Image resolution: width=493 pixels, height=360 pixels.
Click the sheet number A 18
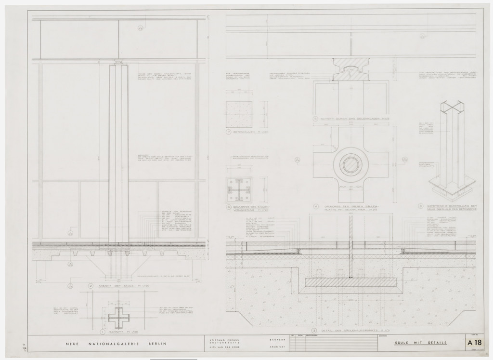478,343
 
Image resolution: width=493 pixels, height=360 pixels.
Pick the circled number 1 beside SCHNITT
102,332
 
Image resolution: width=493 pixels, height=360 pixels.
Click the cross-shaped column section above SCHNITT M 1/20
116,317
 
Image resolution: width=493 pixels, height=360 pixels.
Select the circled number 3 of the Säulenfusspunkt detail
314,331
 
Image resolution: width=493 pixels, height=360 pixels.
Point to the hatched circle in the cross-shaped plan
350,164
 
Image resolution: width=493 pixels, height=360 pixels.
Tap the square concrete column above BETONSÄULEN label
238,114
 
